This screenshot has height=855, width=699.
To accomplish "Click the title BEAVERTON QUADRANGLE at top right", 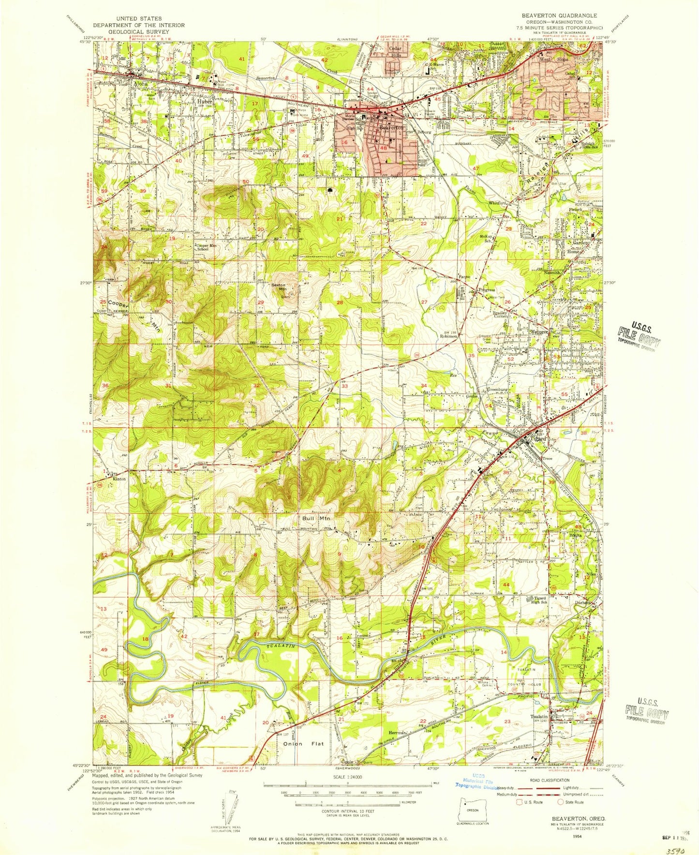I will pyautogui.click(x=559, y=15).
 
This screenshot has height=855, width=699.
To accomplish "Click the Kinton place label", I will pyautogui.click(x=119, y=479).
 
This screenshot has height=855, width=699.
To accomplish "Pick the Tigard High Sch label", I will pyautogui.click(x=539, y=600).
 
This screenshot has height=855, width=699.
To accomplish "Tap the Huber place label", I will pyautogui.click(x=204, y=102).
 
